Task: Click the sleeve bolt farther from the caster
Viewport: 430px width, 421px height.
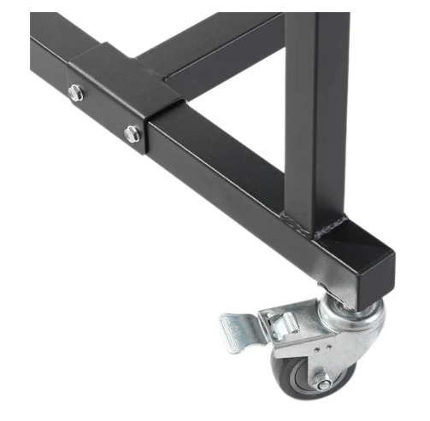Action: coord(76,93)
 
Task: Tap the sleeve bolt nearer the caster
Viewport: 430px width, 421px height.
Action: coord(132,133)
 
